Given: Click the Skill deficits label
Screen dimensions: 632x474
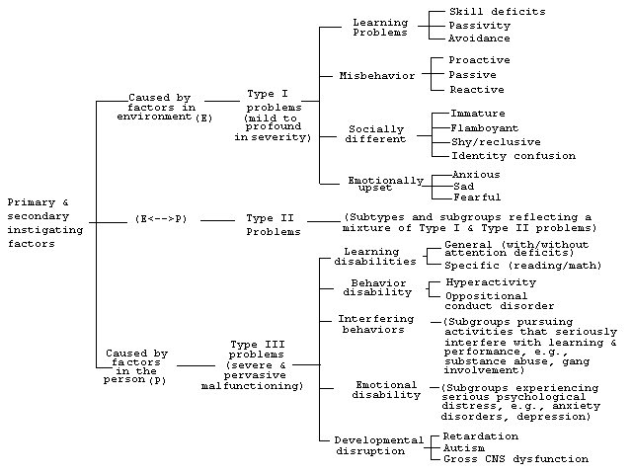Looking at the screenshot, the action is click(498, 12).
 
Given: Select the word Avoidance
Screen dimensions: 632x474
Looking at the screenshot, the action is click(479, 39).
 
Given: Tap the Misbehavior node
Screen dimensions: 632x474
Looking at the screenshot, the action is click(377, 76).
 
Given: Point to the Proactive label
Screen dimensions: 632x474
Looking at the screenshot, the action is click(480, 60).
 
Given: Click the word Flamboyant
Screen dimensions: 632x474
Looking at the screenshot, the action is click(485, 128).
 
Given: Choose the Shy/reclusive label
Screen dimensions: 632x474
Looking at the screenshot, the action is click(496, 142).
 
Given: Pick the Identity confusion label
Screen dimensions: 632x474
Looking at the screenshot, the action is click(513, 156).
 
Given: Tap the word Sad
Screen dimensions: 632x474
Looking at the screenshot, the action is click(464, 187).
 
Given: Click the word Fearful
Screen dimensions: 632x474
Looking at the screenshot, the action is click(477, 197).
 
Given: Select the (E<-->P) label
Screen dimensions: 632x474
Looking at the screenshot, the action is click(161, 219).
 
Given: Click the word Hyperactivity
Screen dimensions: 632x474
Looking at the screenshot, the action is click(491, 282).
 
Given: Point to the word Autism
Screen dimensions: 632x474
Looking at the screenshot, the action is click(464, 447).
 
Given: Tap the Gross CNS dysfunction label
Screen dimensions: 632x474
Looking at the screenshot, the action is click(515, 458).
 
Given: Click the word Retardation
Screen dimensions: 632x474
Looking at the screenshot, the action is click(481, 436).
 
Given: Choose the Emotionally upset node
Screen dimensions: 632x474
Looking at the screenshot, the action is click(386, 184).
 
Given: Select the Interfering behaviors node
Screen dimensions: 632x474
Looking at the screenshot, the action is click(375, 324).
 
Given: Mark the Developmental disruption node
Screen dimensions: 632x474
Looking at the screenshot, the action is click(379, 445).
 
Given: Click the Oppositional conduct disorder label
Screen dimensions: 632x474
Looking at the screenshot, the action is click(500, 301).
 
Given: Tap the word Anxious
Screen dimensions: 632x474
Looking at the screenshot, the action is click(476, 175).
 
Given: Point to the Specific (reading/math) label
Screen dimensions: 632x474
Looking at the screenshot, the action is click(523, 266).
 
